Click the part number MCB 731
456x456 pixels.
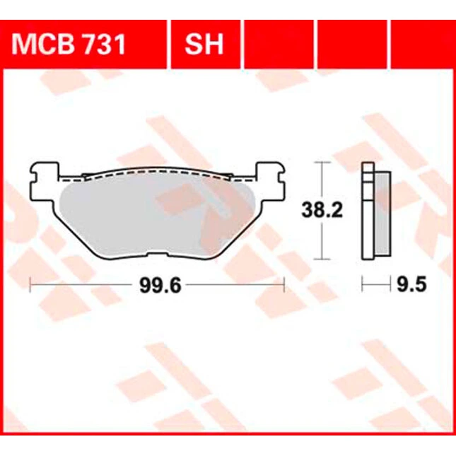(69, 44)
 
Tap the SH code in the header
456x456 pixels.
(204, 44)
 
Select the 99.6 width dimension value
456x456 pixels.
(160, 286)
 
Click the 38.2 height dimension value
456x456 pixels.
(322, 210)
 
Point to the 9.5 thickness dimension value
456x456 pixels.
(411, 284)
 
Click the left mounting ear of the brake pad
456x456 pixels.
(45, 181)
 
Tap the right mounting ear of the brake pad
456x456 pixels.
(270, 181)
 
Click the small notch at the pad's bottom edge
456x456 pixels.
(158, 255)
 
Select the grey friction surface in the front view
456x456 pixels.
(157, 216)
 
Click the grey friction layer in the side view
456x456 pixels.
(383, 214)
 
